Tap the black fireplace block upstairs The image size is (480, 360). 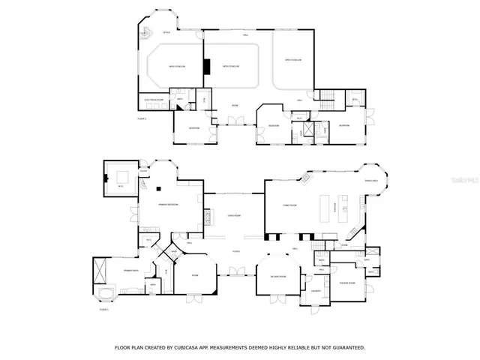(x=205, y=67)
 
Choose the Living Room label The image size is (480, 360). (x=234, y=215)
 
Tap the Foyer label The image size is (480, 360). (x=235, y=250)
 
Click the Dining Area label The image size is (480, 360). (x=370, y=181)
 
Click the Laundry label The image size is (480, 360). (x=317, y=291)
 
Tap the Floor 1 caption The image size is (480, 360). (x=104, y=309)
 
